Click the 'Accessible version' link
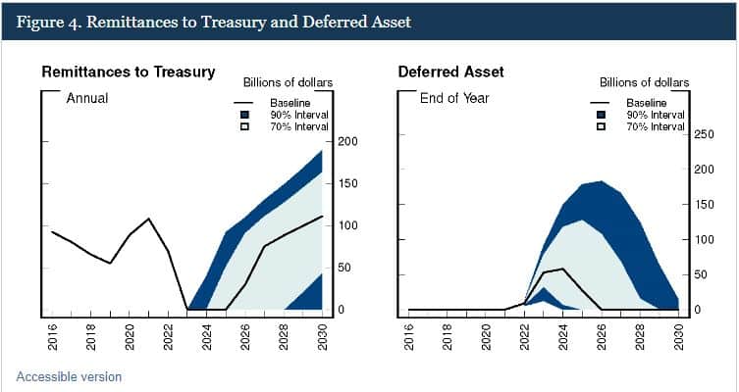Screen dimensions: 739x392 point(69,377)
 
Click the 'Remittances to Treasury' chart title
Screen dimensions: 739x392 point(129,72)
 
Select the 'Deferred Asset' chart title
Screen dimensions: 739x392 point(451,72)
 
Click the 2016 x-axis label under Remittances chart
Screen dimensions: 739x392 point(52,336)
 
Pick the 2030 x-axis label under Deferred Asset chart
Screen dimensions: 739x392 point(679,336)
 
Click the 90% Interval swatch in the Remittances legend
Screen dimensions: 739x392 point(244,115)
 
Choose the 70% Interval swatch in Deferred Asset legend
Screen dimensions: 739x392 point(601,126)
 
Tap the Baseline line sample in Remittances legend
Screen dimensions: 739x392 point(243,103)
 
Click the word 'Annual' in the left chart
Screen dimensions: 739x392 point(87,98)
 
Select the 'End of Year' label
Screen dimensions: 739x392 point(454,98)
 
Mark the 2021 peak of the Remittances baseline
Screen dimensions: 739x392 point(149,219)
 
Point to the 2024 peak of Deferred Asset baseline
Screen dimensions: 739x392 point(562,269)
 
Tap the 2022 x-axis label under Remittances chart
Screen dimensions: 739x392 point(168,336)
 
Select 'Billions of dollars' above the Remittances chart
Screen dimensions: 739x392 point(288,83)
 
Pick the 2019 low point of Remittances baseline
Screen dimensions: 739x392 point(110,263)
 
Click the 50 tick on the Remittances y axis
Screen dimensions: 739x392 point(345,268)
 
